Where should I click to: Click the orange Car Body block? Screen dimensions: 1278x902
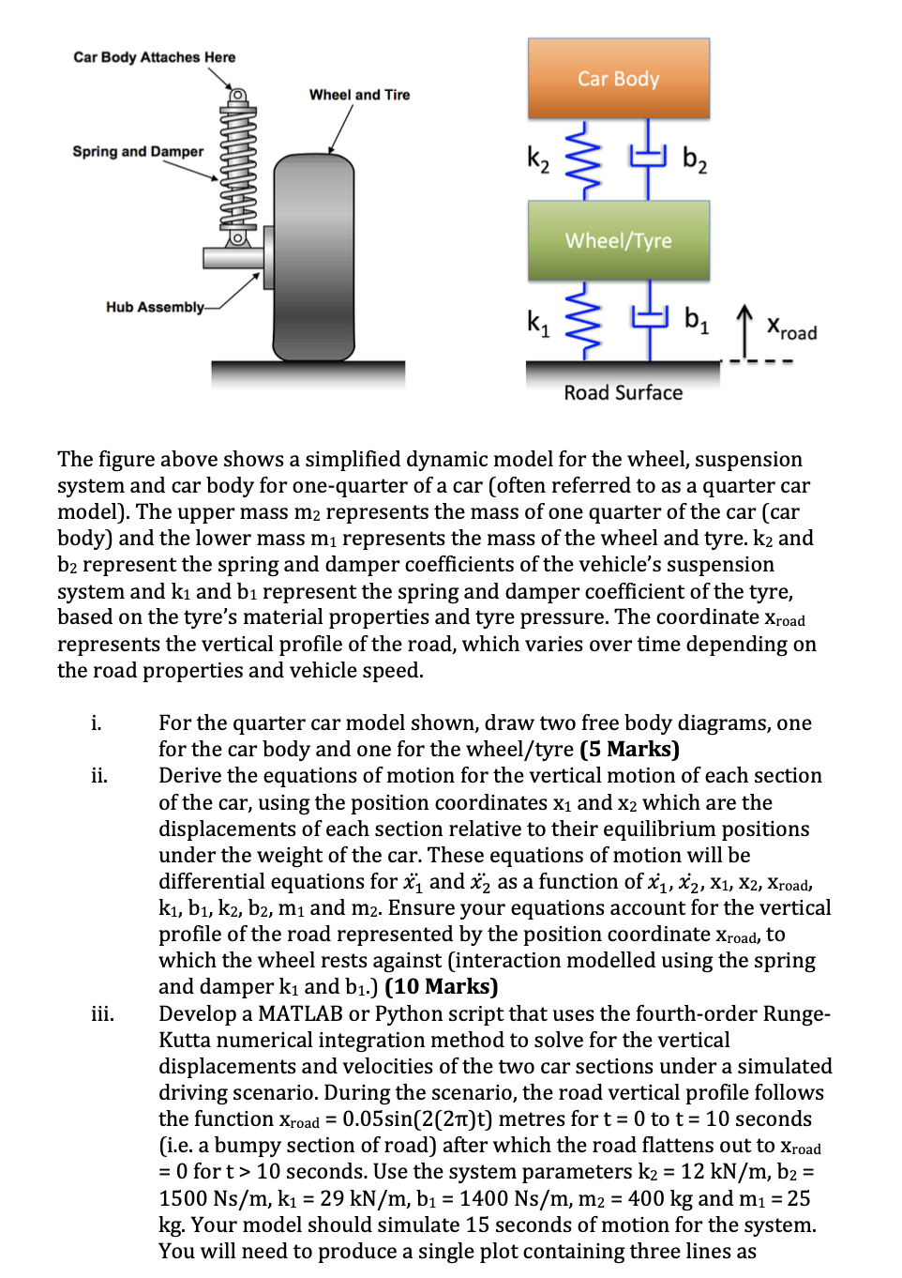pos(618,79)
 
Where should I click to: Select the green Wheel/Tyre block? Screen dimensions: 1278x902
pos(618,240)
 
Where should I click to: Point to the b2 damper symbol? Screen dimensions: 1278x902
pos(648,159)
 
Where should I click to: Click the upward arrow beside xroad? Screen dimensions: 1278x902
pos(744,329)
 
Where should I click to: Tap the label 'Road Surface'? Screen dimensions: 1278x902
pos(623,393)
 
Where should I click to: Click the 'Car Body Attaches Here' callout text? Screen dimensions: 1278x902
pos(155,57)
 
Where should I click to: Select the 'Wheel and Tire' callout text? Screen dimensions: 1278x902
pos(359,95)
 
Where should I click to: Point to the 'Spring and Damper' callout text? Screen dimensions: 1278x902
pos(138,151)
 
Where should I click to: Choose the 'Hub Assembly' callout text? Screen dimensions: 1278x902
pos(155,307)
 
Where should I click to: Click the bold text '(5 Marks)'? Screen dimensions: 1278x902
pos(629,749)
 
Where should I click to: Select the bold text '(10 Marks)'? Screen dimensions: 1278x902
pos(441,986)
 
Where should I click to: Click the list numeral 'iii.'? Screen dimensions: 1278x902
pos(102,1013)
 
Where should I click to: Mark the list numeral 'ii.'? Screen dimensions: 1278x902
pos(99,775)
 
